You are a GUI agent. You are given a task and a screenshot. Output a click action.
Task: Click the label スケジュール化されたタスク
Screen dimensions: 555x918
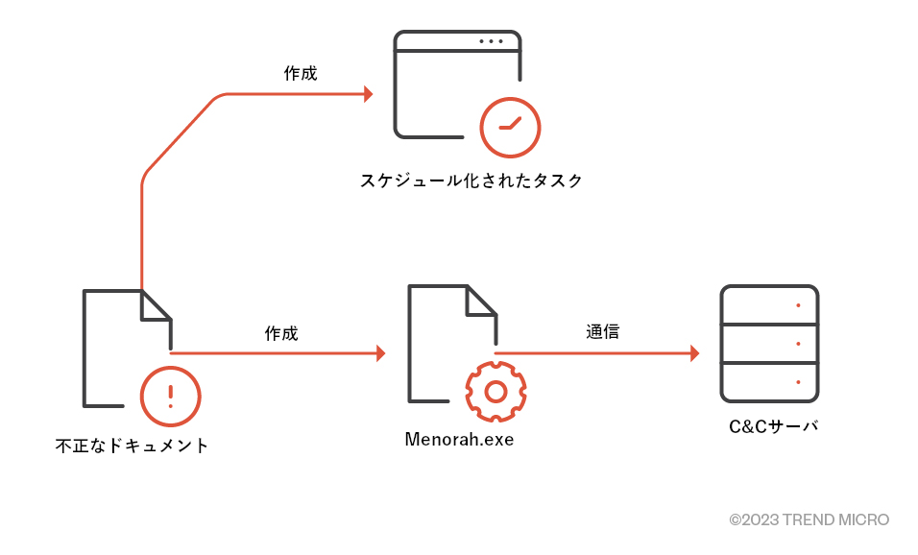[471, 181]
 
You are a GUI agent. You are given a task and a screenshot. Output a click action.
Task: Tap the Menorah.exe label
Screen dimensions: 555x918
[459, 441]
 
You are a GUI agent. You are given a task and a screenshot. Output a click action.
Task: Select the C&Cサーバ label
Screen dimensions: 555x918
[773, 426]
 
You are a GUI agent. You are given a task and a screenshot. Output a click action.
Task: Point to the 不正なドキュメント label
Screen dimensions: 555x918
[132, 446]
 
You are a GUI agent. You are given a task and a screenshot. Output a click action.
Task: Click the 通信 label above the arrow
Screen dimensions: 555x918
[602, 332]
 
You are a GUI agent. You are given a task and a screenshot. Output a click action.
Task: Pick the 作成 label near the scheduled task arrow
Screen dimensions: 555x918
[300, 74]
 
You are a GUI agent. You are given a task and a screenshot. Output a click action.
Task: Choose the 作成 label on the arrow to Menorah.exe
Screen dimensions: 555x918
[281, 334]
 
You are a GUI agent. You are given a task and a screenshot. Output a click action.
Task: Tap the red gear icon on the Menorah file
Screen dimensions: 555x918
[495, 391]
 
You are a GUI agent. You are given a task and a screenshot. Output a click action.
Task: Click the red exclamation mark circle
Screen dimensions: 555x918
[171, 396]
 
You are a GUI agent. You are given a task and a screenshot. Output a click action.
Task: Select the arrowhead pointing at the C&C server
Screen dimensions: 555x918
[694, 353]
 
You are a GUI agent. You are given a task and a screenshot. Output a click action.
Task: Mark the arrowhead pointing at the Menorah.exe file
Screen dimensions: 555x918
[380, 353]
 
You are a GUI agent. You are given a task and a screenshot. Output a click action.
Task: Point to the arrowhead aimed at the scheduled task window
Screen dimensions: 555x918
[368, 94]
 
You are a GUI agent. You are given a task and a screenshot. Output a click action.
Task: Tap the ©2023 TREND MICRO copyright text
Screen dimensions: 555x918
[809, 519]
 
